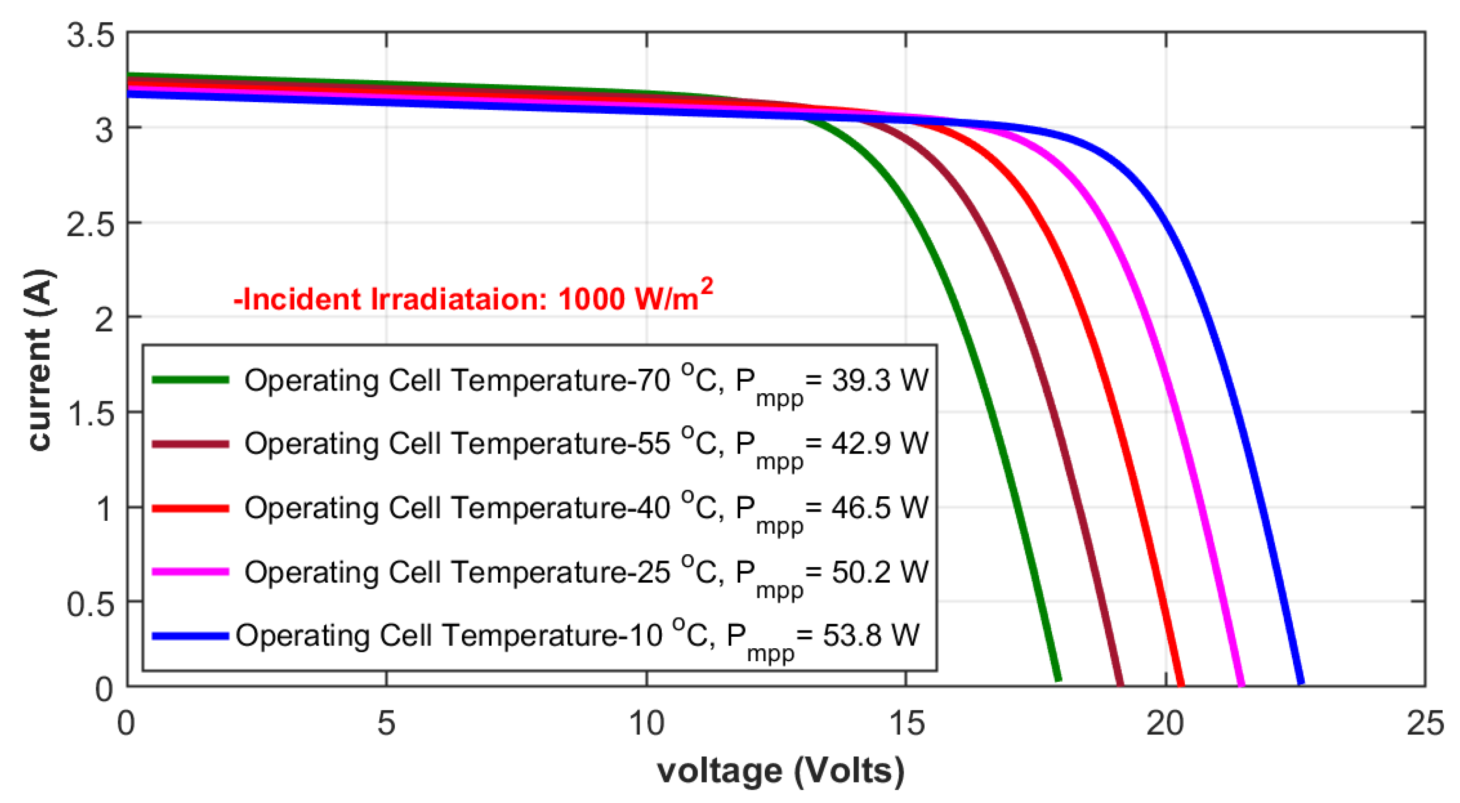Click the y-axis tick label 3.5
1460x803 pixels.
point(90,36)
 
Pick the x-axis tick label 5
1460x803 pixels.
point(386,724)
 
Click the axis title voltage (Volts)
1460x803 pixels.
point(780,772)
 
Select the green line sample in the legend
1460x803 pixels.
point(191,379)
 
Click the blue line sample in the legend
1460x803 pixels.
point(191,636)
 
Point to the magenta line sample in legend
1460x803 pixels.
point(191,572)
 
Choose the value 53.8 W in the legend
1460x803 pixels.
point(871,635)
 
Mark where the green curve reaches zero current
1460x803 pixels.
point(1058,679)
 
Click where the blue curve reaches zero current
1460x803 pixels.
point(1301,683)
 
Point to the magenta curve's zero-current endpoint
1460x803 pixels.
point(1242,684)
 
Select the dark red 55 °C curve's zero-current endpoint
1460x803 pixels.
point(1120,684)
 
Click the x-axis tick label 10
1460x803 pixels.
point(647,724)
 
